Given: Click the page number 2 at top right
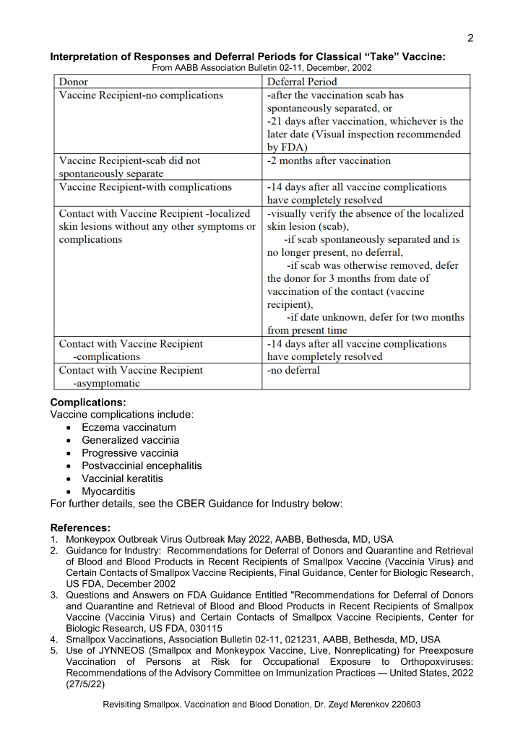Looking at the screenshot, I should tap(470, 38).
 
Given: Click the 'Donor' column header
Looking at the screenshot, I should tap(74, 82).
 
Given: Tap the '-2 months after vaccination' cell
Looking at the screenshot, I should tap(329, 160).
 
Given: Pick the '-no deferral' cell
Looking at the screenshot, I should tap(293, 370).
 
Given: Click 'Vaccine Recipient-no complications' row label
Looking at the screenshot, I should tap(141, 95).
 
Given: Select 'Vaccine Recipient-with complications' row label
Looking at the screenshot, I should tap(145, 187).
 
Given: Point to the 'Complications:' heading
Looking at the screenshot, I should tap(88, 402).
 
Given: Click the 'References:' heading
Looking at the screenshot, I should tap(82, 528).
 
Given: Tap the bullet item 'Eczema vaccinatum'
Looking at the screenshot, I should tap(129, 427).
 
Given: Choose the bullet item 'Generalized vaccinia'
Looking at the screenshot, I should tap(131, 440).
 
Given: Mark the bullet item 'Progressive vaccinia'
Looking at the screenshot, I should tap(130, 453).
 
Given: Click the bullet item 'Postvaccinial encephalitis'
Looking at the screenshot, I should tap(142, 466).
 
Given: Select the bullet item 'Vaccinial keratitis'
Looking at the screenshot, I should tap(123, 478).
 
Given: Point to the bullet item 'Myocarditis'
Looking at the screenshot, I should tap(108, 491).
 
